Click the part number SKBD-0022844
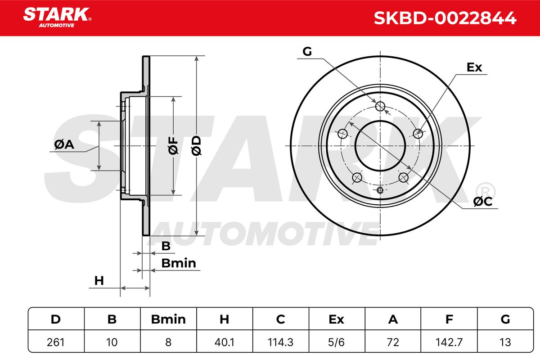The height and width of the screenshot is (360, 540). pos(445,18)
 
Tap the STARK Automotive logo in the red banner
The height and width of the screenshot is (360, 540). pos(57,18)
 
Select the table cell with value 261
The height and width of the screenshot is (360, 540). pos(56,342)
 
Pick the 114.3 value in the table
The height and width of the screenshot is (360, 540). pos(281,342)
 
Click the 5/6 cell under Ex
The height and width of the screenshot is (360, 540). pos(337,342)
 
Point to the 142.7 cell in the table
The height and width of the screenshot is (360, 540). pos(449,342)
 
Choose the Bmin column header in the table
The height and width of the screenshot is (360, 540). pos(168,319)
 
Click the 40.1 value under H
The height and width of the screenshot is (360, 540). pos(224,342)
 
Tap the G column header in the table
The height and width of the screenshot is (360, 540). pos(505,319)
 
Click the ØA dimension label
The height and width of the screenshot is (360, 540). pos(64,144)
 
